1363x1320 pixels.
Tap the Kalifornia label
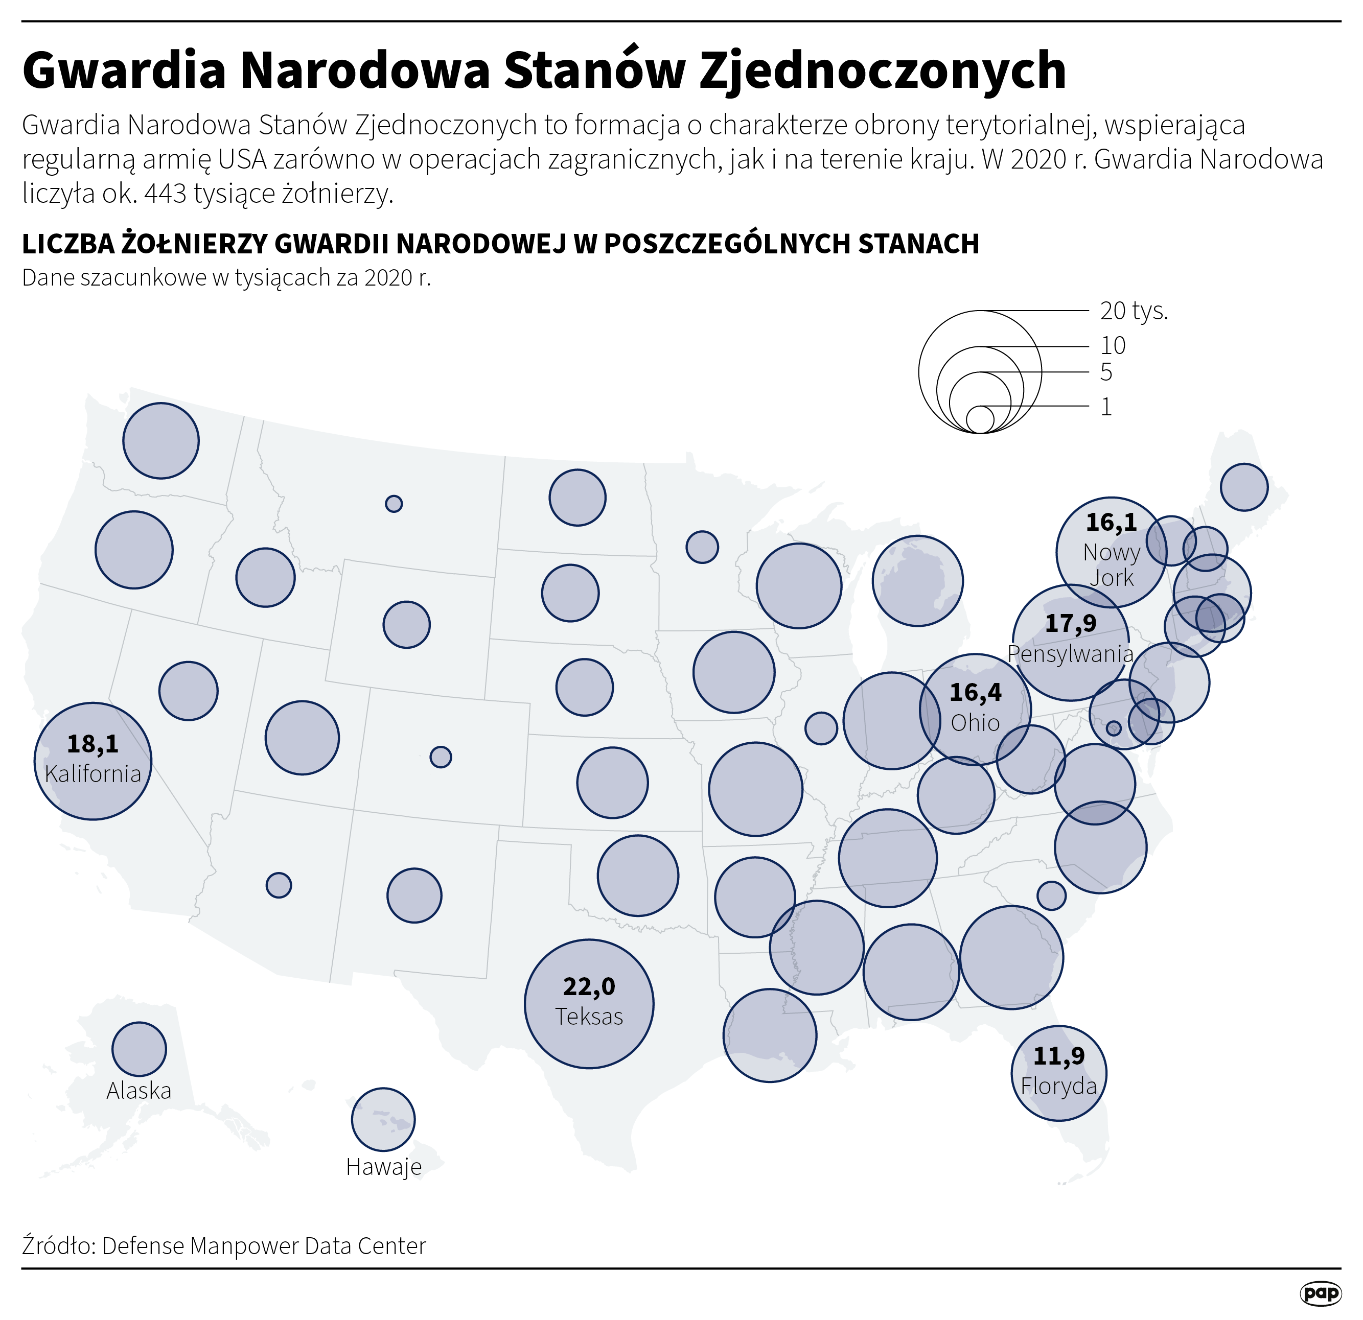[93, 773]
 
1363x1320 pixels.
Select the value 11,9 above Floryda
[1058, 1056]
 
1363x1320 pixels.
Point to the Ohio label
[975, 723]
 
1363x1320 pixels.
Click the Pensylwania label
[1070, 653]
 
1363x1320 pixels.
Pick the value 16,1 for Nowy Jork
[1111, 522]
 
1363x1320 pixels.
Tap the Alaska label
[138, 1091]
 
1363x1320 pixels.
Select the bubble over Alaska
[139, 1049]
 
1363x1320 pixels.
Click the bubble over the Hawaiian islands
[383, 1119]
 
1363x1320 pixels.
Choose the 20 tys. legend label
[1134, 311]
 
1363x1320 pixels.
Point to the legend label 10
[1113, 345]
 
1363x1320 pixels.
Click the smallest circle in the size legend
[980, 419]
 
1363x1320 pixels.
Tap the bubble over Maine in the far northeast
[1243, 487]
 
